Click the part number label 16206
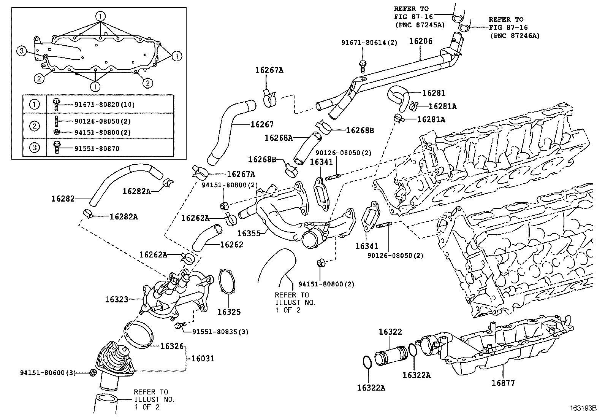click(x=421, y=41)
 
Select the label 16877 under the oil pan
click(x=503, y=383)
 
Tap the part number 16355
click(x=249, y=233)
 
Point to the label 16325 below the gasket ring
click(x=229, y=312)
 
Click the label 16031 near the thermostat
click(x=203, y=358)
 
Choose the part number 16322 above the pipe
click(x=390, y=332)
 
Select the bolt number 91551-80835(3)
click(x=220, y=332)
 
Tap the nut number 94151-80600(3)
click(x=48, y=373)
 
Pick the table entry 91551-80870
click(x=97, y=148)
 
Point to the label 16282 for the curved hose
click(x=63, y=198)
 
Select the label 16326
click(x=172, y=346)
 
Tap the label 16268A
click(x=279, y=138)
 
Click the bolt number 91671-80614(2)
click(x=369, y=43)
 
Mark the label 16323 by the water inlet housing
click(x=117, y=300)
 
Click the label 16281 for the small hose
click(x=434, y=93)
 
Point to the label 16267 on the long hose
click(x=262, y=124)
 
